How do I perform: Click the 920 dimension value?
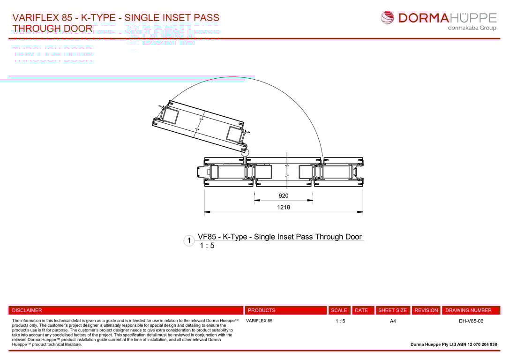[x=284, y=196]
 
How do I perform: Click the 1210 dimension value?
[x=284, y=207]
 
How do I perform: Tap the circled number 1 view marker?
[x=189, y=241]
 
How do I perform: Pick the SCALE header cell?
[x=339, y=310]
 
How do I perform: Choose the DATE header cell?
[x=361, y=310]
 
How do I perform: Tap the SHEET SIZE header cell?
[x=393, y=310]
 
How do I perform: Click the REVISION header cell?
[x=426, y=310]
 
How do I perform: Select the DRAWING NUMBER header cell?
[x=469, y=310]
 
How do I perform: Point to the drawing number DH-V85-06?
[x=471, y=321]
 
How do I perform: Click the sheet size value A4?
[x=393, y=321]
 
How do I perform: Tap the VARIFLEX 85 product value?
[x=259, y=321]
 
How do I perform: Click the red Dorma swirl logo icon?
[x=388, y=18]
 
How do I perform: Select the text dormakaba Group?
[x=472, y=28]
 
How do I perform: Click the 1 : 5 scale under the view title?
[x=207, y=246]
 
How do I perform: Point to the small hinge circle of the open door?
[x=245, y=152]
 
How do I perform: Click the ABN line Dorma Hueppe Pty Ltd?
[x=454, y=344]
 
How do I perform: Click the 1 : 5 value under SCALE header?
[x=340, y=321]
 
